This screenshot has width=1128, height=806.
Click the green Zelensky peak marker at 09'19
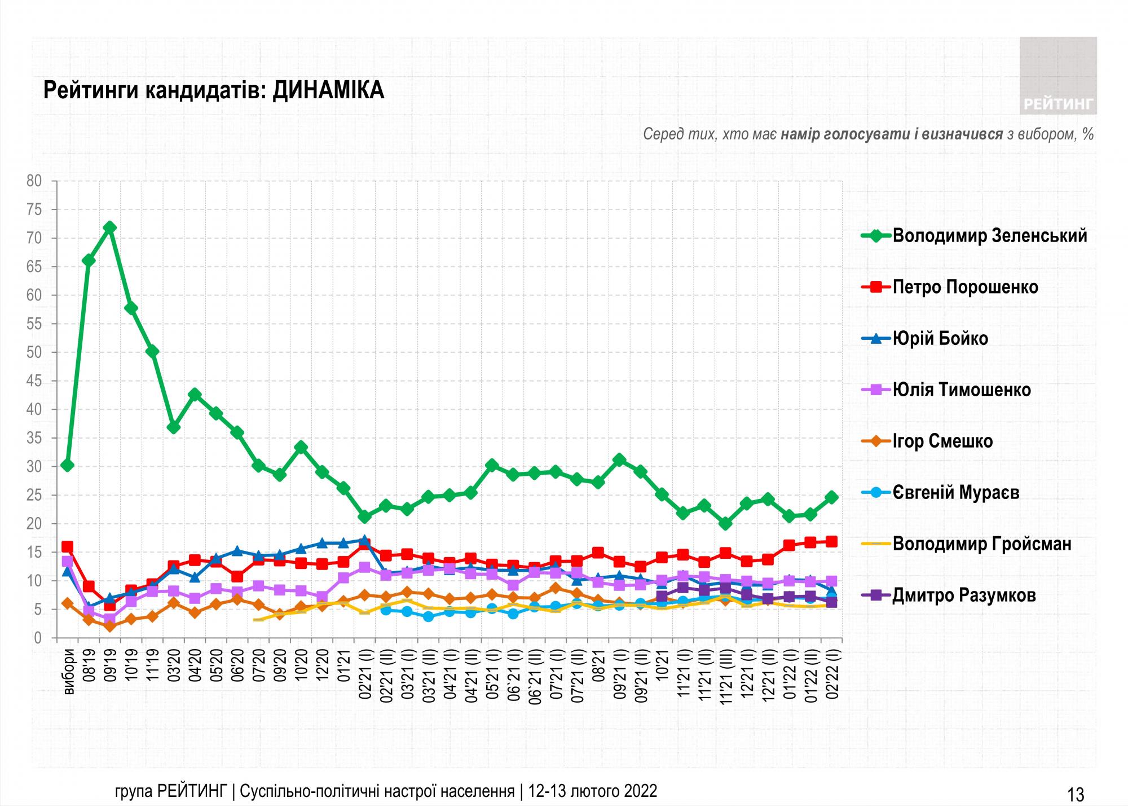coord(110,227)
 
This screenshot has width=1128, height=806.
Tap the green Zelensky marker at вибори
coord(67,466)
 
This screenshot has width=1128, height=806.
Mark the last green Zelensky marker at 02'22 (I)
coord(831,497)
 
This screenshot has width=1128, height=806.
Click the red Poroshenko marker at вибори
coord(67,546)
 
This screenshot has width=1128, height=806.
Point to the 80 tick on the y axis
coord(34,181)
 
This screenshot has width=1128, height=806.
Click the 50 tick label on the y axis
coord(34,353)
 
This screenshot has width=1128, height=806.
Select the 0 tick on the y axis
coord(38,638)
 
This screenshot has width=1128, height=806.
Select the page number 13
coord(1076,795)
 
